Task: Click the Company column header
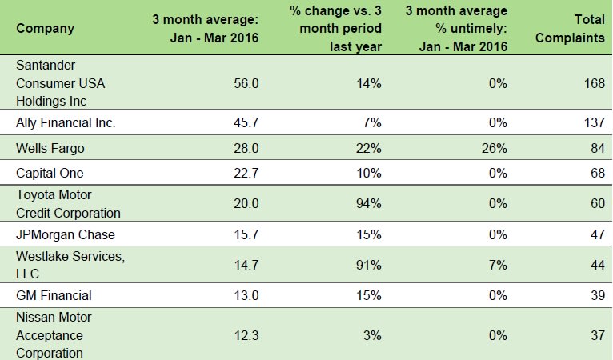45,29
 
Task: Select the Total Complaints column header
574,29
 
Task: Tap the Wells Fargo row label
49,148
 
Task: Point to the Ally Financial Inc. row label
66,122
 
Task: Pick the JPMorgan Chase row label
66,234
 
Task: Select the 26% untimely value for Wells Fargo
494,148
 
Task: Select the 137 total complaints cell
592,122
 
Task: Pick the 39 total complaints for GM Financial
595,295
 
